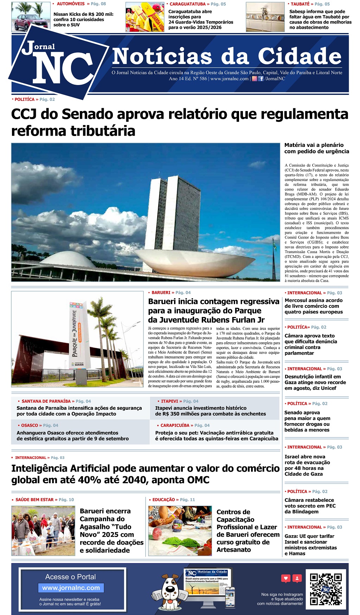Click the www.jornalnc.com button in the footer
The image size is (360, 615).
tap(71, 588)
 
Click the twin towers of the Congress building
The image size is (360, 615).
tap(172, 211)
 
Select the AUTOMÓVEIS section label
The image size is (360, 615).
tap(71, 4)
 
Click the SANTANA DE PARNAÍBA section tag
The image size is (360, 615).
tap(46, 401)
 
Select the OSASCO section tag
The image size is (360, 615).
tap(30, 425)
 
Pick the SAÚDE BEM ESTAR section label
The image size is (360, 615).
tap(34, 499)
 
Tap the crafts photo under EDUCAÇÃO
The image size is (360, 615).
tap(180, 531)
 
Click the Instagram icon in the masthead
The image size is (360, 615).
tap(255, 79)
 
